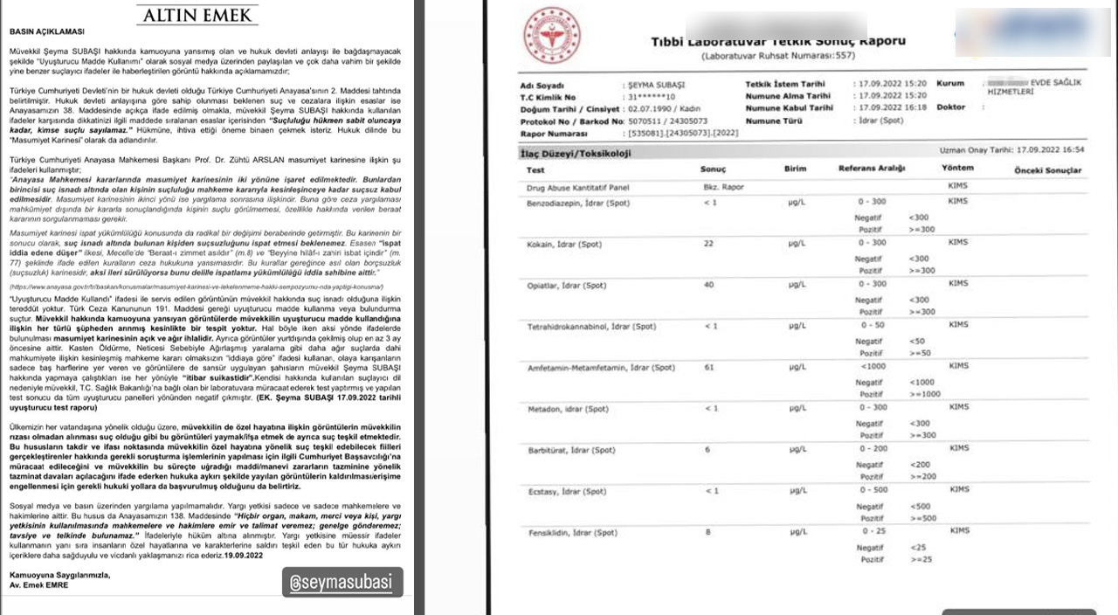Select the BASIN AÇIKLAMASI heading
[x=46, y=31]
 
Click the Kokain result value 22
[x=709, y=243]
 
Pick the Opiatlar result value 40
[x=709, y=285]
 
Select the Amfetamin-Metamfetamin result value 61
[x=709, y=368]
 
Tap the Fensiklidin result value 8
[x=709, y=531]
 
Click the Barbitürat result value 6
[x=709, y=449]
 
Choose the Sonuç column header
[x=713, y=169]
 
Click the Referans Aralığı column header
[x=872, y=169]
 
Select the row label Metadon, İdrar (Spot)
[x=568, y=409]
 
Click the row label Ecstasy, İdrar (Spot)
[x=566, y=491]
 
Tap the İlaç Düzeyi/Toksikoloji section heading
[x=575, y=154]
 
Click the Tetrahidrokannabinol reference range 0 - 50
[x=873, y=326]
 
